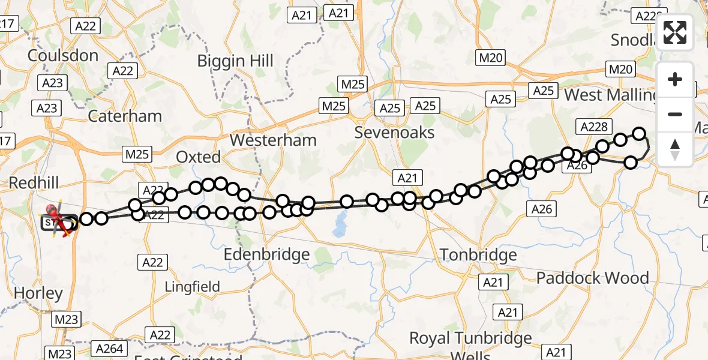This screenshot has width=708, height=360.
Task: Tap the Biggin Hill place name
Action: pos(236,61)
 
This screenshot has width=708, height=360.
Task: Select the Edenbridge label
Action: pos(266,254)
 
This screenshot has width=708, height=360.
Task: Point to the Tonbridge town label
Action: pos(478,255)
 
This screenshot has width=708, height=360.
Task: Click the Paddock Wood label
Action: pos(592,278)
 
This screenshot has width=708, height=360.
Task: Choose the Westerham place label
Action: pos(273,140)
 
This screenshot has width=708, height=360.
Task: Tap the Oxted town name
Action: pos(198,157)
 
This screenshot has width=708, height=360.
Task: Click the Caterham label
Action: pos(125,116)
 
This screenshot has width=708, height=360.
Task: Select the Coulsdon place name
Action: pos(63,56)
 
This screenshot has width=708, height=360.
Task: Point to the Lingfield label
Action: pos(193,287)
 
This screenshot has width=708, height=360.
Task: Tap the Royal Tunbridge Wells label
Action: pos(470,345)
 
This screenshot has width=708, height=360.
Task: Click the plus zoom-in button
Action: pos(675,80)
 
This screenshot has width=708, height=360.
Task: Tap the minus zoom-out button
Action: pos(675,114)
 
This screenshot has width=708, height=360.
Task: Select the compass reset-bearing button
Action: pos(675,149)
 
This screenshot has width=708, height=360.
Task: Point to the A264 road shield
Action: pos(109,349)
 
